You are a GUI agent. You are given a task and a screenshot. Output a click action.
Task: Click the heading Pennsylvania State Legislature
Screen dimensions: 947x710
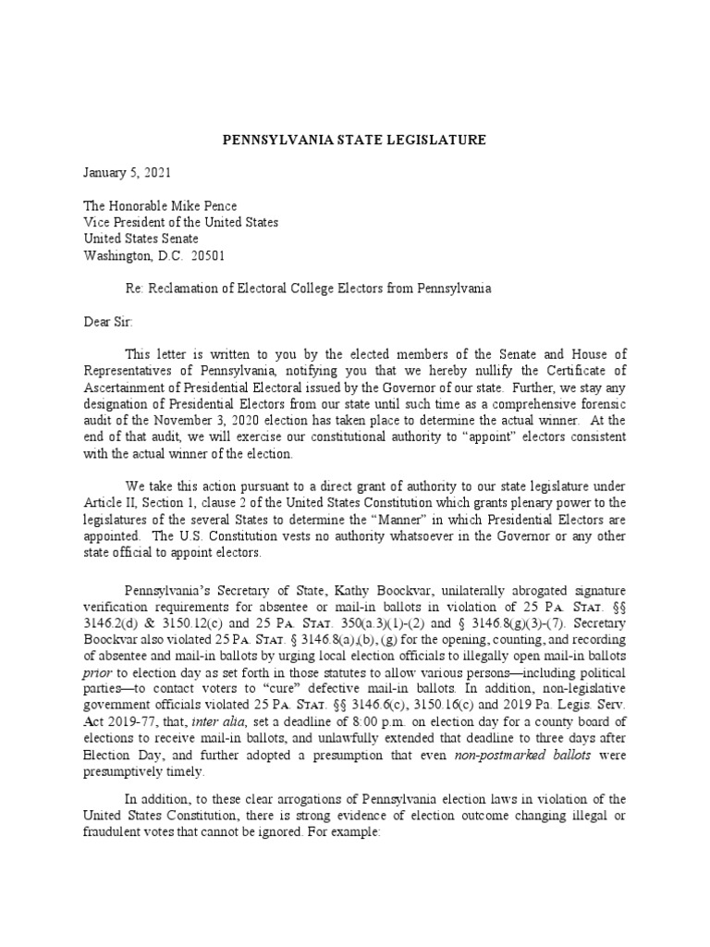pyautogui.click(x=355, y=140)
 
